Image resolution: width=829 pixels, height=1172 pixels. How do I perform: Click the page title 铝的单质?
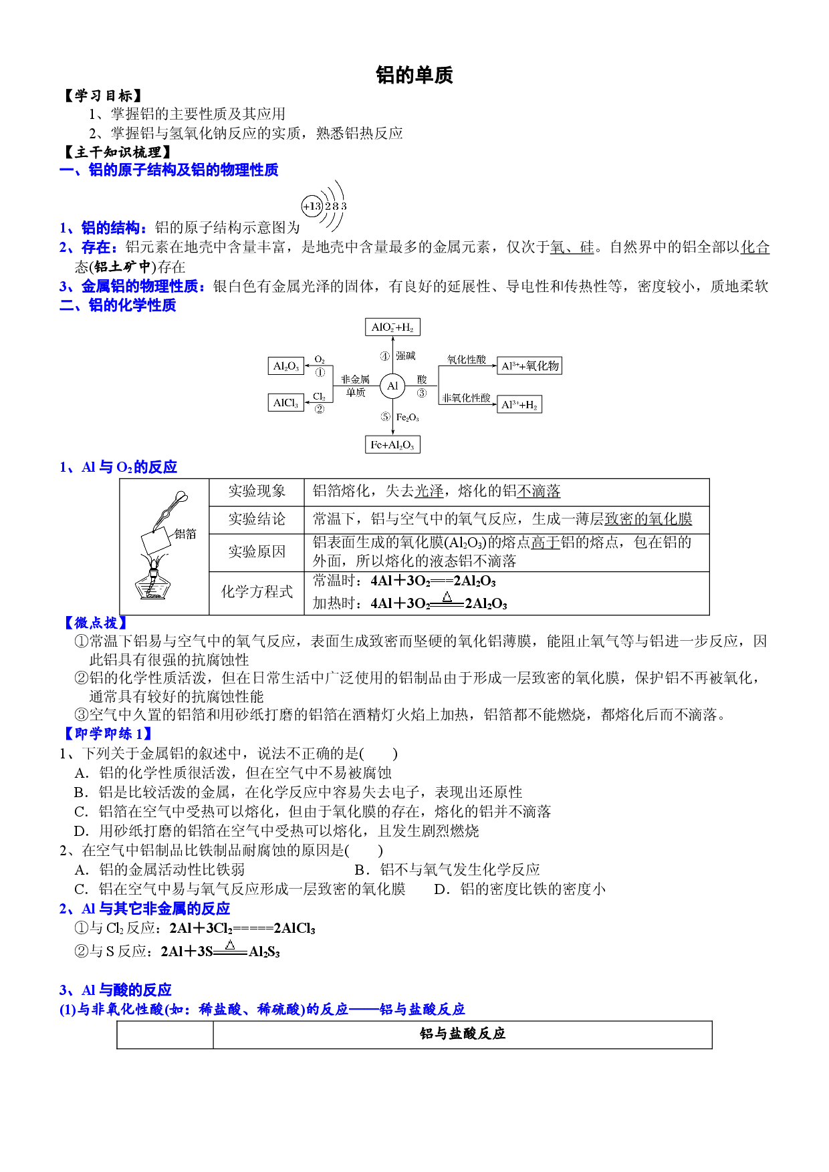tap(414, 75)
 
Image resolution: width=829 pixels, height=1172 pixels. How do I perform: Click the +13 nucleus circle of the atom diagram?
tap(312, 206)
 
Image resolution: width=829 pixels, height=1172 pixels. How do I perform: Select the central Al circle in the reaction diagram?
tap(392, 386)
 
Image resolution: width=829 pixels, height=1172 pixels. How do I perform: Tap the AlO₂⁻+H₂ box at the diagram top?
tap(392, 327)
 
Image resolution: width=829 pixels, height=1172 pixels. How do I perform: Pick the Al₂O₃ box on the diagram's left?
tap(286, 365)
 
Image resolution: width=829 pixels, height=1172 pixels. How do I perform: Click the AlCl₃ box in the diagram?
tap(285, 402)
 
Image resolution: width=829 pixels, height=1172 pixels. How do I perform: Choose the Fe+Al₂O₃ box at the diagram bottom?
tap(392, 444)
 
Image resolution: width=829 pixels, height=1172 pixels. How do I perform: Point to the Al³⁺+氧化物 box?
tap(529, 365)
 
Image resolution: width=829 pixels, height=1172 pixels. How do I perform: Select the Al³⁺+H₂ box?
tap(519, 404)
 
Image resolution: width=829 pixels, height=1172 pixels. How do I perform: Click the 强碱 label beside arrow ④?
tap(405, 356)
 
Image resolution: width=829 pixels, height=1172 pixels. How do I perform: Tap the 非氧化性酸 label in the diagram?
tap(466, 398)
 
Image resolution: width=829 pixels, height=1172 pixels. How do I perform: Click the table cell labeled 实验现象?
tap(257, 492)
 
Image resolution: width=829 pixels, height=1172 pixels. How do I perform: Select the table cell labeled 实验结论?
tap(257, 519)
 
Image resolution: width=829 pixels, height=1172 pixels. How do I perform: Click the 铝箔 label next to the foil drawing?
tap(185, 533)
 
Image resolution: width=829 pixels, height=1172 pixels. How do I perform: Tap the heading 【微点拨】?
tap(94, 623)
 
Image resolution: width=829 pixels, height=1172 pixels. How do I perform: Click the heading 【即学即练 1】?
tap(107, 734)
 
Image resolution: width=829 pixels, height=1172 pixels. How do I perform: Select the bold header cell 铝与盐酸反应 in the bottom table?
tap(463, 1034)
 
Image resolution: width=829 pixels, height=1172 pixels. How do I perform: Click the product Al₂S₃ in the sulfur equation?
tap(264, 952)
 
